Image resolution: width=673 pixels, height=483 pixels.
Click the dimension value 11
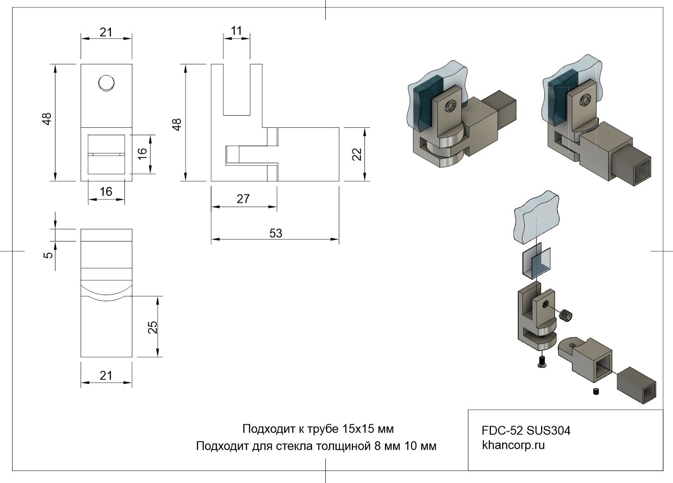click(237, 31)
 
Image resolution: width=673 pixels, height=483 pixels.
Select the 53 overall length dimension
click(275, 233)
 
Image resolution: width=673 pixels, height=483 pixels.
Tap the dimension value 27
click(243, 199)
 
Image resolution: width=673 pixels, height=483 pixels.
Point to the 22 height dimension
click(357, 154)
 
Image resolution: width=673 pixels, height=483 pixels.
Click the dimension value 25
click(152, 327)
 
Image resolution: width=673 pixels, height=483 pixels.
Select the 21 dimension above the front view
click(106, 32)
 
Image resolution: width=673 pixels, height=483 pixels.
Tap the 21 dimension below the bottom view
click(106, 375)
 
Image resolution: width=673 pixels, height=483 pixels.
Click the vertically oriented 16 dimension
click(143, 152)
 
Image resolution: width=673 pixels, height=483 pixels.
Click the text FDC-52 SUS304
click(526, 430)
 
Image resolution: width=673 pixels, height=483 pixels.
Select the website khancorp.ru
click(513, 445)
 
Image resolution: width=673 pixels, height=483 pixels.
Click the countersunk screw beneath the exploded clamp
click(541, 361)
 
